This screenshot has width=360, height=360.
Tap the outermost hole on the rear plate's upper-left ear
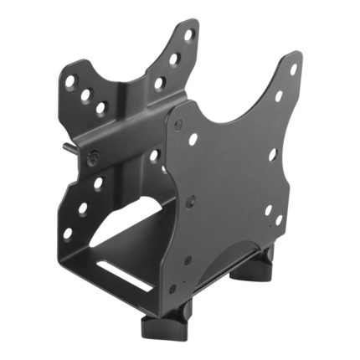tap(71, 82)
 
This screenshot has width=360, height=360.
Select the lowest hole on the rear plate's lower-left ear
tap(67, 233)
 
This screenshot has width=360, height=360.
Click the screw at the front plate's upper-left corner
tap(178, 124)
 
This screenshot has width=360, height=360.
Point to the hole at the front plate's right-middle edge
tap(272, 154)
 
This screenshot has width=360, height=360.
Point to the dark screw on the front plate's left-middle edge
tap(190, 201)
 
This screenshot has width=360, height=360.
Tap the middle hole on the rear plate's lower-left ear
tap(82, 208)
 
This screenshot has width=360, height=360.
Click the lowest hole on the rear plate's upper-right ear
tap(159, 83)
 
